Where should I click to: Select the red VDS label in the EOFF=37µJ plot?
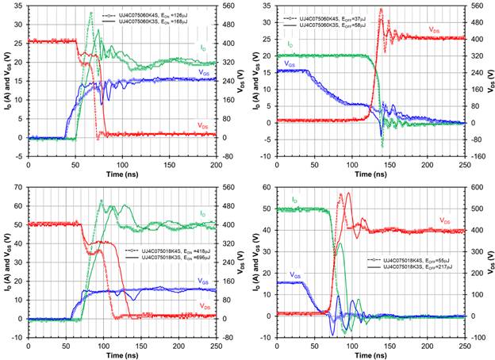click(x=436, y=29)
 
